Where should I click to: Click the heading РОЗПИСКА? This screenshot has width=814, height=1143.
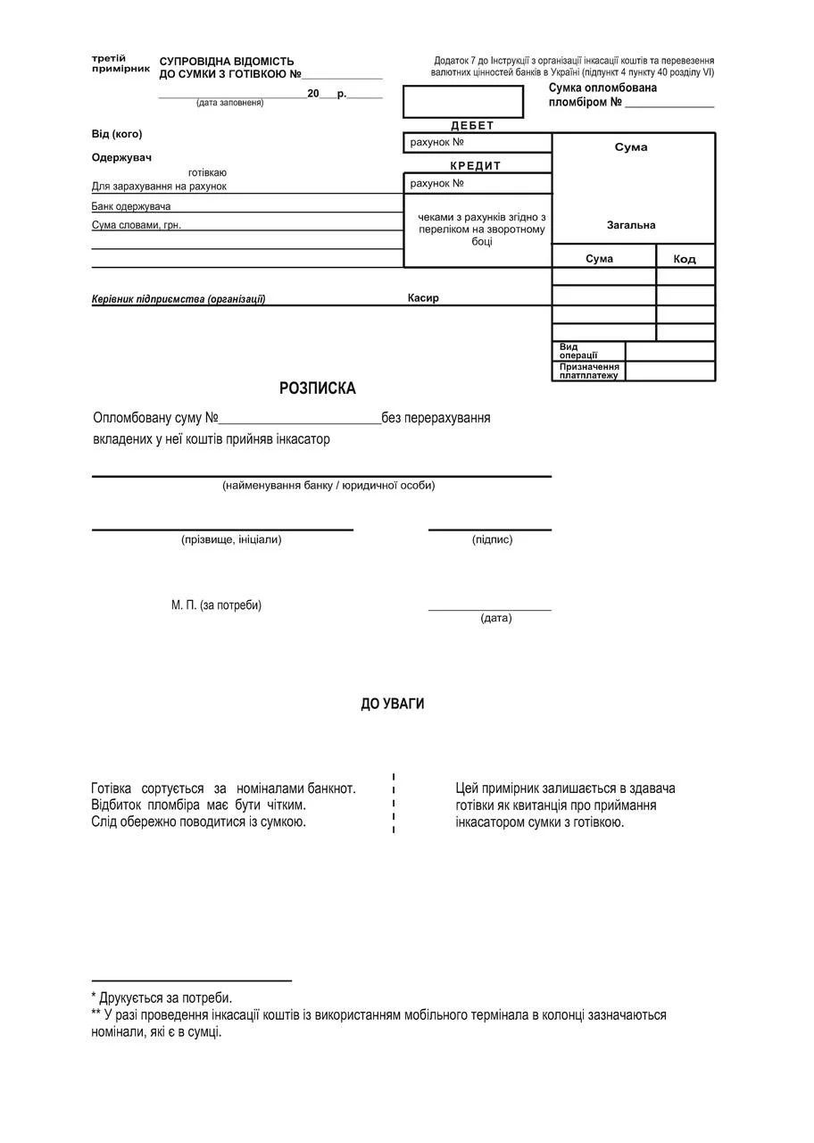[x=317, y=388]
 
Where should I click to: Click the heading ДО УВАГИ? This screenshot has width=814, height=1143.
[x=392, y=704]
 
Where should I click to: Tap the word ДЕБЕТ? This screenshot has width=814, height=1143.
[x=472, y=126]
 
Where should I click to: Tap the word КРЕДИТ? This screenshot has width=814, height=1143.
[x=476, y=166]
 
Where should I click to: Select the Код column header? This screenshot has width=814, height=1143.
[x=685, y=259]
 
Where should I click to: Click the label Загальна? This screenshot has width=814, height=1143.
[x=631, y=225]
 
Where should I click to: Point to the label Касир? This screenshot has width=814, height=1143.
[x=423, y=298]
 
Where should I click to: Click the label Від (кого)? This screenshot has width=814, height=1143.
[x=117, y=134]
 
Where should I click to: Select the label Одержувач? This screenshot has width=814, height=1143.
[x=121, y=158]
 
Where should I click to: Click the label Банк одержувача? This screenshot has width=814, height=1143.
[x=131, y=206]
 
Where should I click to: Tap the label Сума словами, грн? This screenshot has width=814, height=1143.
[x=137, y=225]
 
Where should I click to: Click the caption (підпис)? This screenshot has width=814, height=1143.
[x=492, y=539]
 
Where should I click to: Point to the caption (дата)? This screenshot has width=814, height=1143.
[x=496, y=618]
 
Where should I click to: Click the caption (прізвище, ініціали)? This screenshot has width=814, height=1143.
[x=231, y=539]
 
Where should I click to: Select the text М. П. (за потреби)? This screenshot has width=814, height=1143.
[x=216, y=605]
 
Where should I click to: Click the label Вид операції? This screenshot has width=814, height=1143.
[x=578, y=351]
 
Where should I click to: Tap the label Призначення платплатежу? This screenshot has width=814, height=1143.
[x=589, y=371]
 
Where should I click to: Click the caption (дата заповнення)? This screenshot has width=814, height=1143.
[x=230, y=103]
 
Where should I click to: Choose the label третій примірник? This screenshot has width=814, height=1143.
[x=120, y=63]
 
